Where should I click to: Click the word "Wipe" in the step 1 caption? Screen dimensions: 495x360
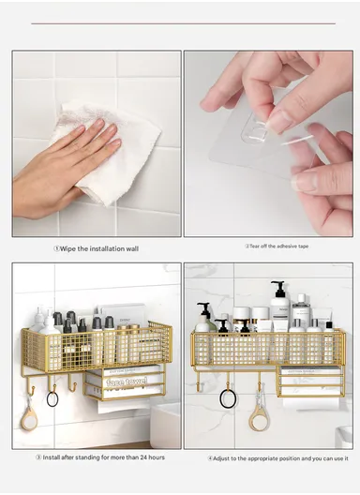(x=70, y=249)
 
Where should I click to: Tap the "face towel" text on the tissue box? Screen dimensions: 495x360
(x=126, y=382)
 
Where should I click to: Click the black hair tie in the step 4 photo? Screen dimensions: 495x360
(x=227, y=398)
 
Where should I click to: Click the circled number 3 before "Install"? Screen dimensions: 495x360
(x=37, y=457)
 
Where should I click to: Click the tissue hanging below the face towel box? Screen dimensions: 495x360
(x=122, y=405)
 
